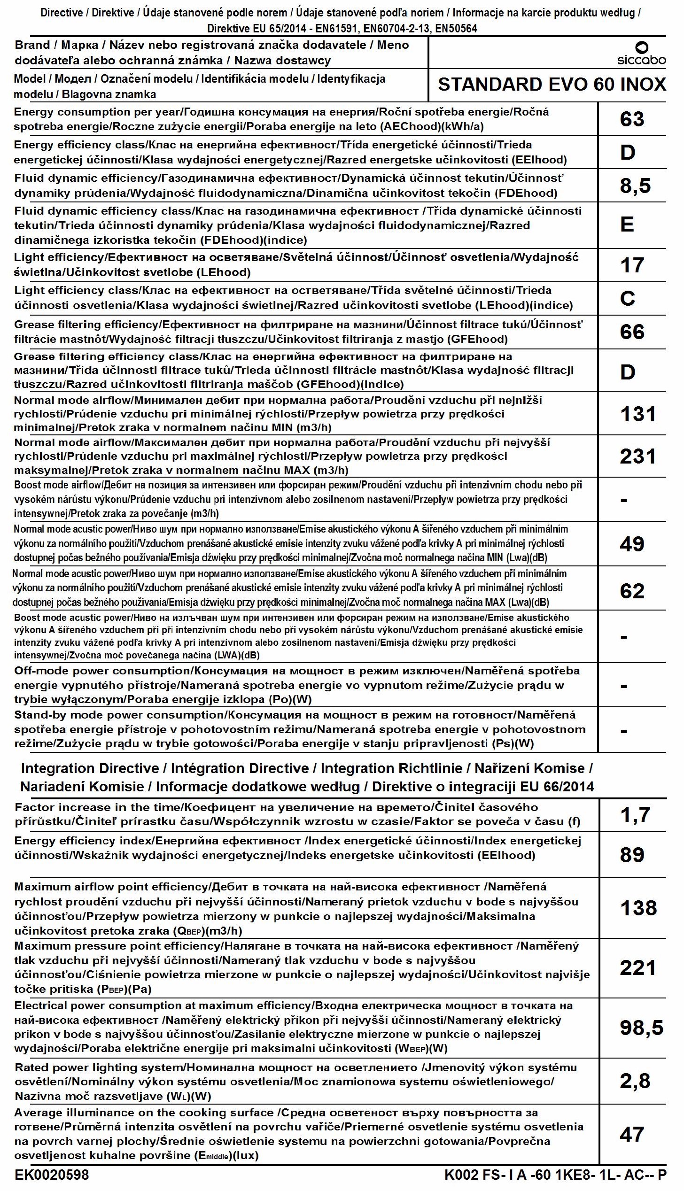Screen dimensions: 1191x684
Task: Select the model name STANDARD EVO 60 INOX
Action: (x=552, y=85)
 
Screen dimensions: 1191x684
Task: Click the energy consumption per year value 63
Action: (x=632, y=119)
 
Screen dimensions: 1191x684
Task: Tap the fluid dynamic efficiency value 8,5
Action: (x=635, y=186)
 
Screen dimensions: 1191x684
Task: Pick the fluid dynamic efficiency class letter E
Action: (x=627, y=224)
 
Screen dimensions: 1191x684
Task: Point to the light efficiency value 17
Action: (x=632, y=265)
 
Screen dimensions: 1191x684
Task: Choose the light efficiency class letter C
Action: (x=628, y=298)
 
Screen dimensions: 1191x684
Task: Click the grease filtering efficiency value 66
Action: (x=632, y=332)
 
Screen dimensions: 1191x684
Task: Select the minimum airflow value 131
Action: (x=637, y=414)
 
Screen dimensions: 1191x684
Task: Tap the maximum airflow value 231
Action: (x=637, y=456)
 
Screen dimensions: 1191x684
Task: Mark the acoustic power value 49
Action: (x=632, y=544)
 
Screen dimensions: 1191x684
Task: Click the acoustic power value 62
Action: (x=632, y=591)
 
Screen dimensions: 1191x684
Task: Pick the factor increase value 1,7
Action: (x=635, y=815)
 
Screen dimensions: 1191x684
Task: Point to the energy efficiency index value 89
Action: (x=632, y=855)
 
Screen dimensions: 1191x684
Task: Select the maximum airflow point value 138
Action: (x=638, y=908)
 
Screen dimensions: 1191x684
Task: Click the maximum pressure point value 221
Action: (x=637, y=967)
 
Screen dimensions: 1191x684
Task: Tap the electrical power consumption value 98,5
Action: (x=641, y=1027)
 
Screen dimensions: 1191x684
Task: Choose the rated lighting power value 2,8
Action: (x=635, y=1081)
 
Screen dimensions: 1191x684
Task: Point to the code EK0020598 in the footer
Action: (x=52, y=1175)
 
